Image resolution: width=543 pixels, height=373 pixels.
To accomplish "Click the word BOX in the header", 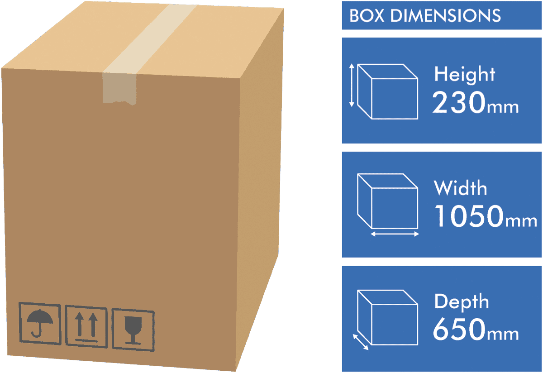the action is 367,16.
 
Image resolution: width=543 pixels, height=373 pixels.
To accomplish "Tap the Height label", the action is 464,74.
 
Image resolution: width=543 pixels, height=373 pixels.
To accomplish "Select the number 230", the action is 459,102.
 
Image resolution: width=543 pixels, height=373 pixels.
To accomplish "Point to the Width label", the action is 460,188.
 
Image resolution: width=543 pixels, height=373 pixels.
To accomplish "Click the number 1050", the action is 469,216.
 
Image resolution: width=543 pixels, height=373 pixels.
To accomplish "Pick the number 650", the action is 459,329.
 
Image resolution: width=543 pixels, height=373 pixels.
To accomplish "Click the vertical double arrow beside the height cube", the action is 352,86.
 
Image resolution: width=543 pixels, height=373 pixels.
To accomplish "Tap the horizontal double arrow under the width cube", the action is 395,234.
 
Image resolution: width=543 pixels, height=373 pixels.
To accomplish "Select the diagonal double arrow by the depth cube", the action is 361,342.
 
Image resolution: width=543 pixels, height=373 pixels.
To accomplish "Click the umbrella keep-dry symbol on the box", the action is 40,323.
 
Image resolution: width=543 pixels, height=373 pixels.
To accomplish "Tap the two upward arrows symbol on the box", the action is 86,327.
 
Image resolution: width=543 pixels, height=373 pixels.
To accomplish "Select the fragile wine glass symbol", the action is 133,330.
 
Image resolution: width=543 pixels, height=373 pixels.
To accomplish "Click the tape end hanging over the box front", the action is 119,89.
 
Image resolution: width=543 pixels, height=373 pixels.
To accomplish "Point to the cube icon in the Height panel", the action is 388,92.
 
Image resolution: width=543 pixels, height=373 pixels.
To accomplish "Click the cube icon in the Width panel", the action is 388,201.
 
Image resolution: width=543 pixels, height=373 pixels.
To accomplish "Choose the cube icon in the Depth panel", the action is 388,317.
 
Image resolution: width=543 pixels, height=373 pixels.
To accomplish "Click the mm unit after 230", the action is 503,107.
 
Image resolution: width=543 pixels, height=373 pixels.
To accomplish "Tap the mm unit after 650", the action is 503,334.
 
